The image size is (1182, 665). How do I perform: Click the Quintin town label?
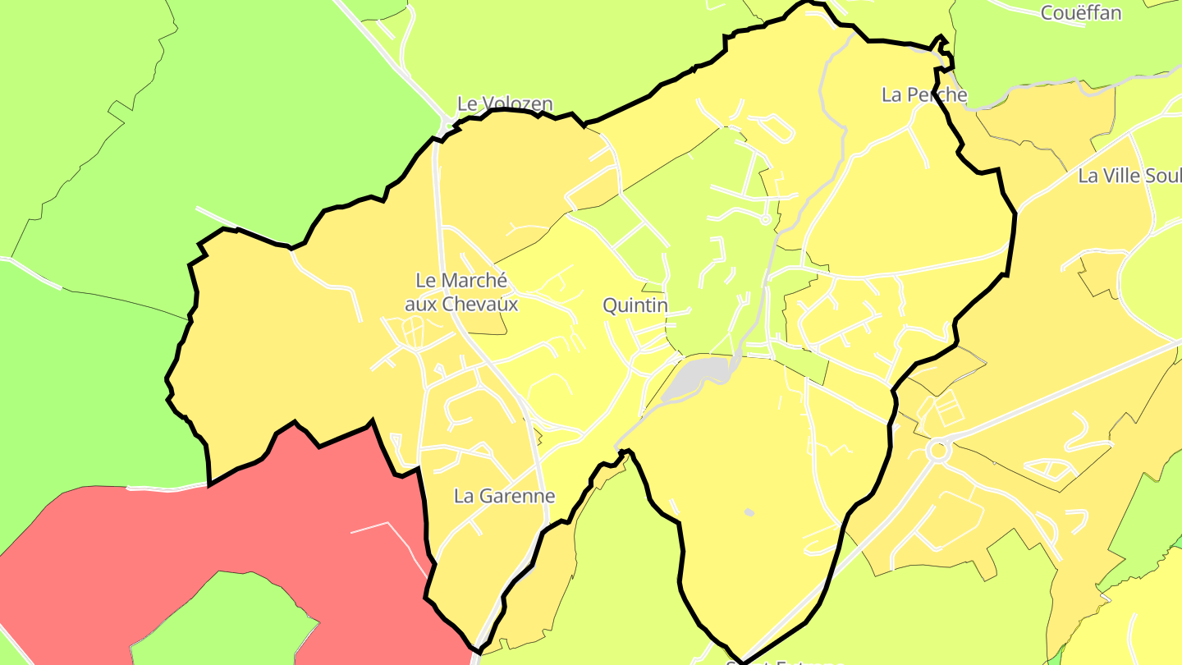tap(635, 305)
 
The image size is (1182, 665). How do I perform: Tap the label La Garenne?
tap(504, 496)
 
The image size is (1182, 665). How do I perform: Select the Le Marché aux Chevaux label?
tap(461, 291)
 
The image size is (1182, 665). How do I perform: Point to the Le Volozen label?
tap(505, 104)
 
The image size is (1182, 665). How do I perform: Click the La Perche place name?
tap(923, 94)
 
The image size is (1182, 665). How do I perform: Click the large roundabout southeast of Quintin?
tap(937, 450)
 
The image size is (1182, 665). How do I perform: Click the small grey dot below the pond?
tap(749, 512)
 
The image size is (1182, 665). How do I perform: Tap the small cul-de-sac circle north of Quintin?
tap(765, 219)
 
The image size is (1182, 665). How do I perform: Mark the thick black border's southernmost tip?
tap(741, 661)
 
